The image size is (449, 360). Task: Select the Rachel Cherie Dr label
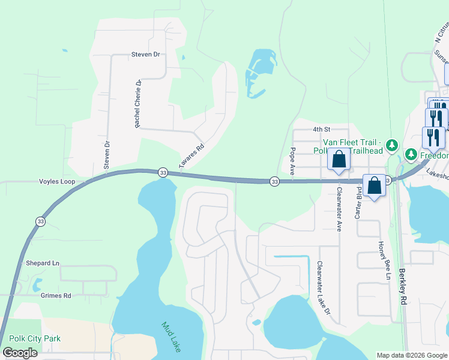pos(137,103)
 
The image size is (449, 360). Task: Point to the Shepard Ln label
pos(43,263)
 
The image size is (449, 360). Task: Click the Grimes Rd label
pos(56,295)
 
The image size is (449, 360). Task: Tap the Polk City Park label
pos(35,339)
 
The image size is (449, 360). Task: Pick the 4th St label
pos(322,129)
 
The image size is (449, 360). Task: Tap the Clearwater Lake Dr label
pos(324,287)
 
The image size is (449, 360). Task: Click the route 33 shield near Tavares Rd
pos(163,172)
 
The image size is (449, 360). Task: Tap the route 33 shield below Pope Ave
pos(274,181)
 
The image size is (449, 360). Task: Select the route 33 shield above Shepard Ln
pos(39,221)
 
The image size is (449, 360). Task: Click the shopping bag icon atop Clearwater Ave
pos(339,160)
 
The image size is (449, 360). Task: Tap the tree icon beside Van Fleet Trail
pos(392,145)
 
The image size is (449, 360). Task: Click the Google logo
pos(20,353)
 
